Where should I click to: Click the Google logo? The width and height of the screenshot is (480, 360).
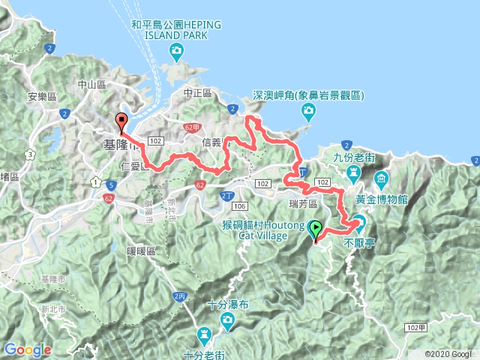(27, 349)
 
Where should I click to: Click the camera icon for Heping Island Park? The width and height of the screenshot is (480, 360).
(176, 52)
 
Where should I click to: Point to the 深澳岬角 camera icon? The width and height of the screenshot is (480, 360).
(307, 112)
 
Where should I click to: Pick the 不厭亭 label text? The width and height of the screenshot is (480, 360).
(358, 243)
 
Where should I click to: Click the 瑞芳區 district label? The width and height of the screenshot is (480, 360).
(303, 203)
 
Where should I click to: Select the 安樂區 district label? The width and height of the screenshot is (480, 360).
(41, 97)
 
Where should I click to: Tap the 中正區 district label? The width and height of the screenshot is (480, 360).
(198, 93)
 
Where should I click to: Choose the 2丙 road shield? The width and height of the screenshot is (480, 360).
(179, 297)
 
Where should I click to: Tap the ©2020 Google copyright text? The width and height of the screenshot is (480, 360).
(451, 354)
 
